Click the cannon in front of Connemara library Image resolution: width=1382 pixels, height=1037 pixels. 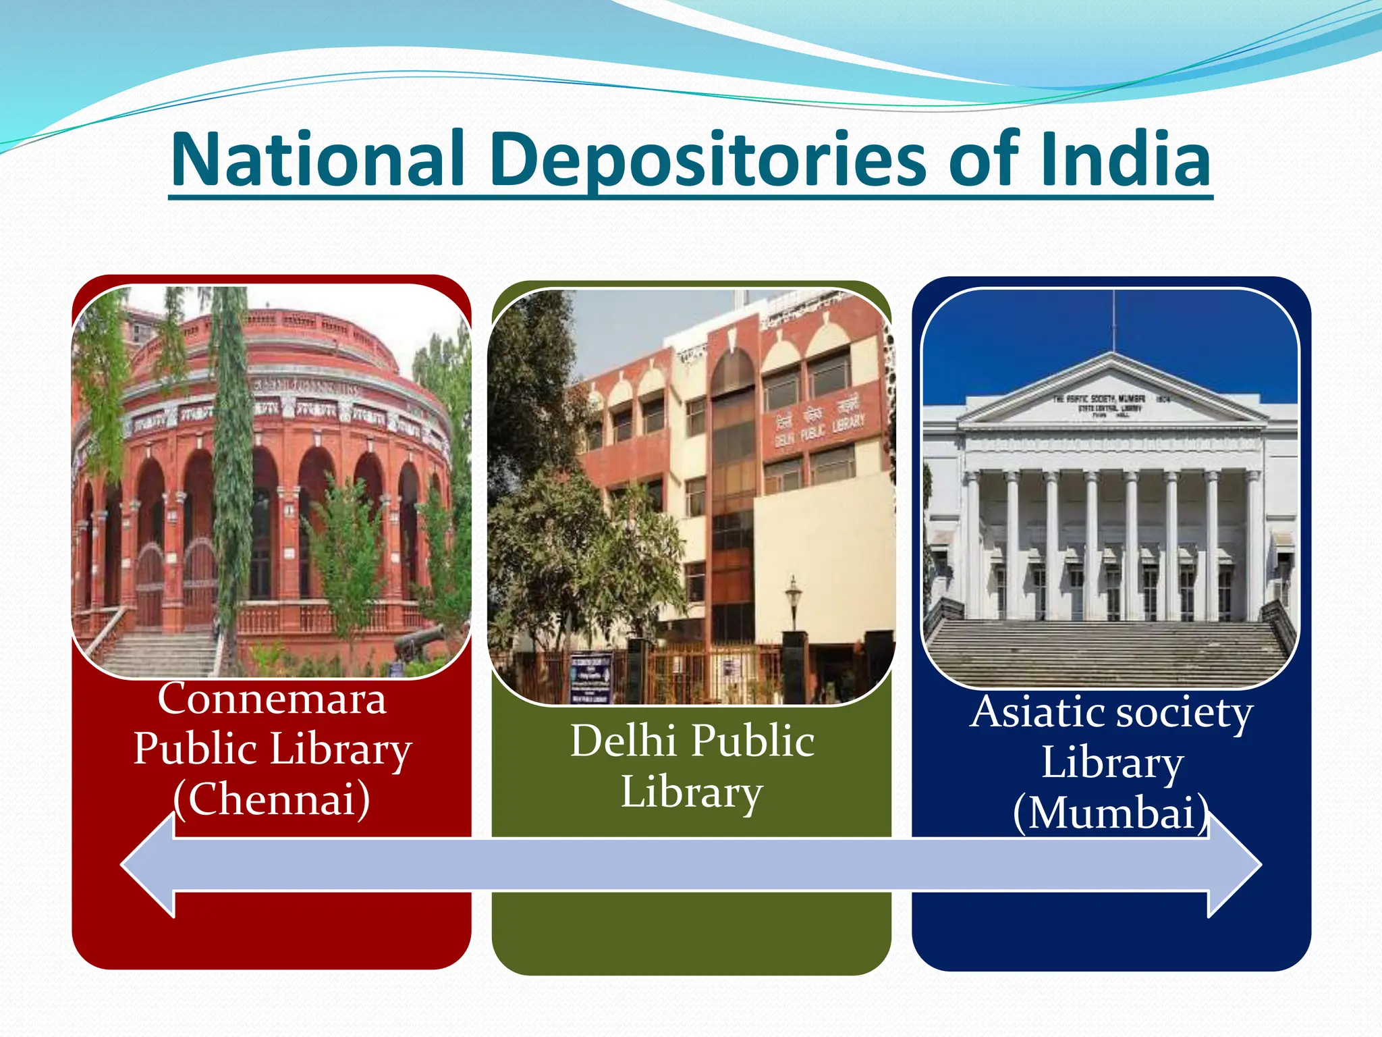tap(418, 641)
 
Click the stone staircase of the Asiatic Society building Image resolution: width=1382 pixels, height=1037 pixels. tap(1110, 652)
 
